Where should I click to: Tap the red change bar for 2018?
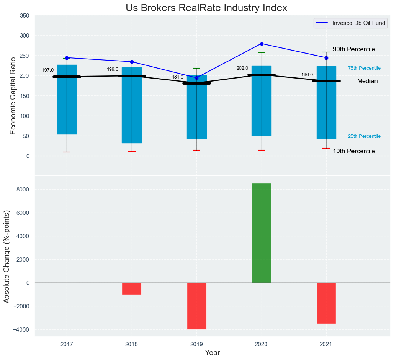[x=132, y=288]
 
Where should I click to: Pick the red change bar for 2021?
[x=326, y=303]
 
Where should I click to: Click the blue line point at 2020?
[x=262, y=44]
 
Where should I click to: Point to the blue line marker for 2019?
[x=197, y=78]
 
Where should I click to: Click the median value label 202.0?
[x=242, y=68]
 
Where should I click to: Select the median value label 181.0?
[x=178, y=77]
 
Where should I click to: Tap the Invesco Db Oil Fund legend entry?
[x=349, y=23]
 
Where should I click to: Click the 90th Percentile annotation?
[x=354, y=49]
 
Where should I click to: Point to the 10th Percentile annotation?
[x=354, y=151]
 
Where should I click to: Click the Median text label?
[x=367, y=81]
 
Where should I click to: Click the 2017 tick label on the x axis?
[x=67, y=344]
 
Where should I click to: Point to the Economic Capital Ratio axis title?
[x=13, y=95]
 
